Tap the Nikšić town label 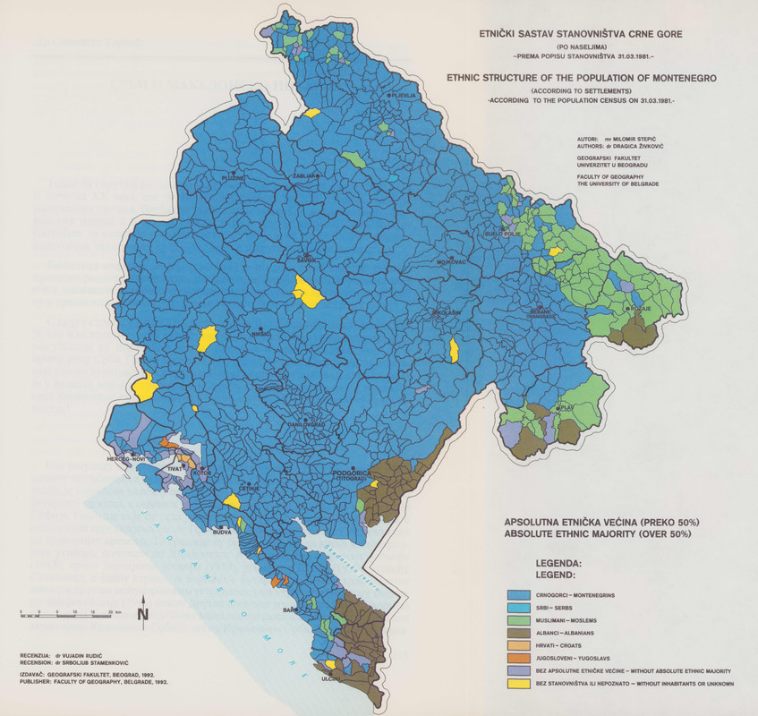(x=260, y=333)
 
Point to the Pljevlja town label (x=404, y=95)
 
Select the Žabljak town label (x=305, y=176)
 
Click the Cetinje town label (x=248, y=487)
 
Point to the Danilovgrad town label (x=305, y=423)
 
